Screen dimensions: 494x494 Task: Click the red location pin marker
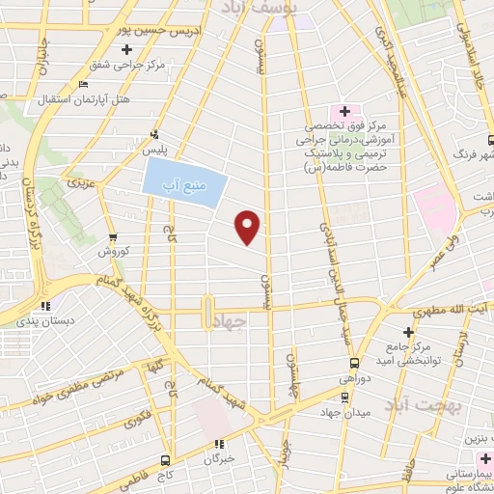pyautogui.click(x=248, y=227)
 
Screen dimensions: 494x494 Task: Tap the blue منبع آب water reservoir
pyautogui.click(x=185, y=180)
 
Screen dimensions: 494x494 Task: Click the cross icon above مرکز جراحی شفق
pyautogui.click(x=127, y=50)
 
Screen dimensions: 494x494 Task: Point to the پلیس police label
pyautogui.click(x=155, y=151)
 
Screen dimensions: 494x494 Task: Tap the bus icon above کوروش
pyautogui.click(x=113, y=236)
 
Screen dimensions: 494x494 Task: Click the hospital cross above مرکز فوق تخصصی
pyautogui.click(x=344, y=112)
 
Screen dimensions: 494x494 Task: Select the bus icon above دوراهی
pyautogui.click(x=354, y=364)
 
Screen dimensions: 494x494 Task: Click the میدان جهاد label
pyautogui.click(x=347, y=413)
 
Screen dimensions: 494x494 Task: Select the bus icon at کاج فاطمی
pyautogui.click(x=166, y=459)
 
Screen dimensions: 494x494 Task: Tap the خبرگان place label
pyautogui.click(x=221, y=458)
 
